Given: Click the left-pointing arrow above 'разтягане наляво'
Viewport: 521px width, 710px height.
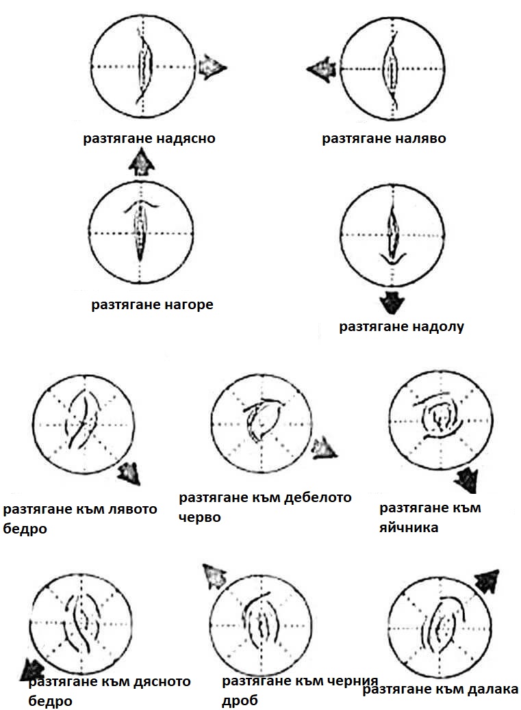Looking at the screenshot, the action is [x=322, y=70].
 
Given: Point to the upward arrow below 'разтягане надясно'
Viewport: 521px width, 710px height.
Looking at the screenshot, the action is [x=142, y=163].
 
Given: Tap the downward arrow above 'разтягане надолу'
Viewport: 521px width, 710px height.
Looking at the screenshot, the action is [x=392, y=302].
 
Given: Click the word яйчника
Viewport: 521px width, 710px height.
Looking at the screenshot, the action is [x=409, y=527].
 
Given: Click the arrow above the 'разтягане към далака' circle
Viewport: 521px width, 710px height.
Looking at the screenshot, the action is [x=487, y=581].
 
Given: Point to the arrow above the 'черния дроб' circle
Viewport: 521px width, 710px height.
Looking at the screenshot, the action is [x=214, y=577].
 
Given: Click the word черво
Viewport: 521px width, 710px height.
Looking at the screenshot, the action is [x=199, y=518].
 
